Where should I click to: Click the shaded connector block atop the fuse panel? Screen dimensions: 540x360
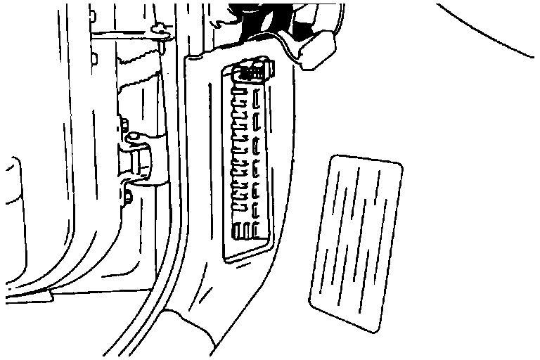coord(255,70)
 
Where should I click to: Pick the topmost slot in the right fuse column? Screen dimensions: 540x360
coord(259,95)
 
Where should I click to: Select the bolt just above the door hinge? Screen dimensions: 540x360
coord(124,127)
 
